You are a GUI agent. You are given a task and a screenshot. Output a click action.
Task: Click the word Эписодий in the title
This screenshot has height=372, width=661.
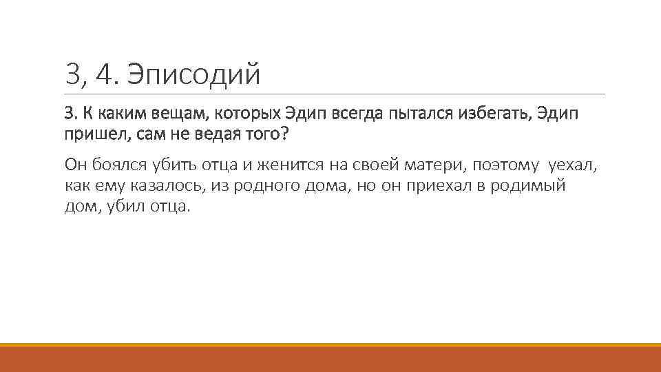tap(193, 74)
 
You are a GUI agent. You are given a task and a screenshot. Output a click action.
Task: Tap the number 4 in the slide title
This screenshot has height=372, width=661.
tap(108, 74)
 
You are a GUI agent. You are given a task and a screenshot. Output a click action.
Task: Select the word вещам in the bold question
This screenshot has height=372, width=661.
tap(173, 114)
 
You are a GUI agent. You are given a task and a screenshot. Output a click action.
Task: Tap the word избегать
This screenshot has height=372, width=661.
tap(493, 114)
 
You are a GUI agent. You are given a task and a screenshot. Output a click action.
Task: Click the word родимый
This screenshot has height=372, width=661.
tap(527, 185)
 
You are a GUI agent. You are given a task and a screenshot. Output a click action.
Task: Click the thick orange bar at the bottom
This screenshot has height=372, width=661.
tap(330, 359)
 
